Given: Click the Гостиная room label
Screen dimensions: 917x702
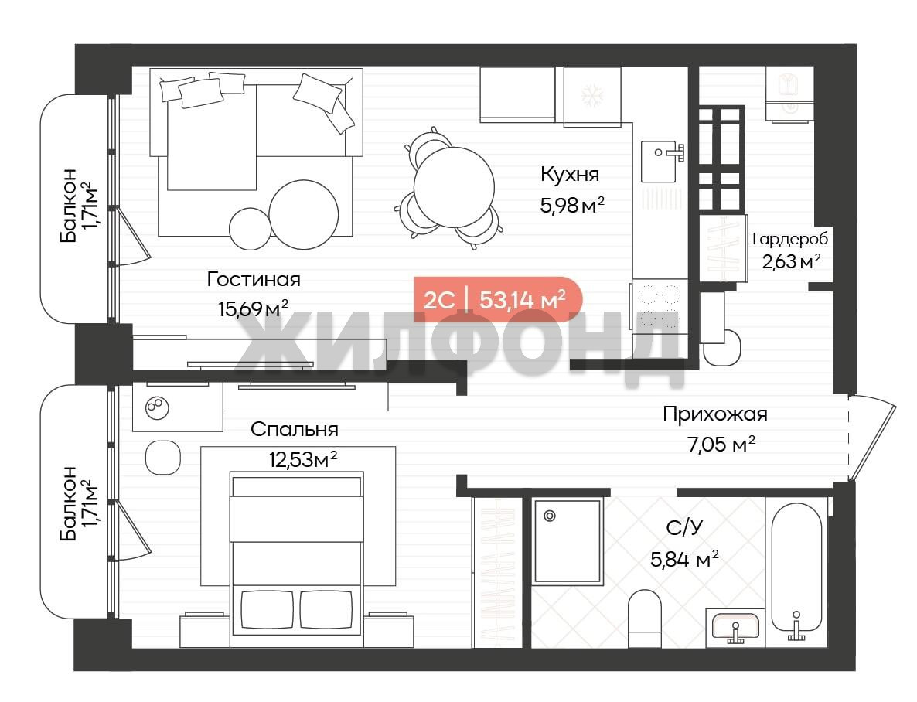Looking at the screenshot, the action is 254,279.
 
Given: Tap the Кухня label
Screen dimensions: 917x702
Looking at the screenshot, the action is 570,174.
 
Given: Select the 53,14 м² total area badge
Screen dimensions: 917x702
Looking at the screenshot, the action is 498,299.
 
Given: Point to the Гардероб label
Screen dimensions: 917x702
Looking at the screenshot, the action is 789,239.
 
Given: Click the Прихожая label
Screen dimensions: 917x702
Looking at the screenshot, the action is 714,414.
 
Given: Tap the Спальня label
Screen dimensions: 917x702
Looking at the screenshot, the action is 294,429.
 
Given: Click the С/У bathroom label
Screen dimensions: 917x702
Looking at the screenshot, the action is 684,528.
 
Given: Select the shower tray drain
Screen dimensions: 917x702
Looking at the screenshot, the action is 549,516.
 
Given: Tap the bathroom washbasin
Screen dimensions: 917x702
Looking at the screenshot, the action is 735,628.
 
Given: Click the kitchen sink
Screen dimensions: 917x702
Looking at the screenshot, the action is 661,161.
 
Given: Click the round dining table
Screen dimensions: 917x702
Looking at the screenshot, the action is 454,188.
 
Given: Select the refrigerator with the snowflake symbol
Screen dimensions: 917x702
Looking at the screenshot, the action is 591,96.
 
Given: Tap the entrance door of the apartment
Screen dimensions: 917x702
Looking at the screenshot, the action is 871,436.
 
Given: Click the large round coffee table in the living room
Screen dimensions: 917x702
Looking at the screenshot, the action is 304,214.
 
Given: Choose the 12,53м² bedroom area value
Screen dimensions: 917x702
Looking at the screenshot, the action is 303,459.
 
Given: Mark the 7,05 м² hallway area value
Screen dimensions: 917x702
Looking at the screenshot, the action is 721,445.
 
